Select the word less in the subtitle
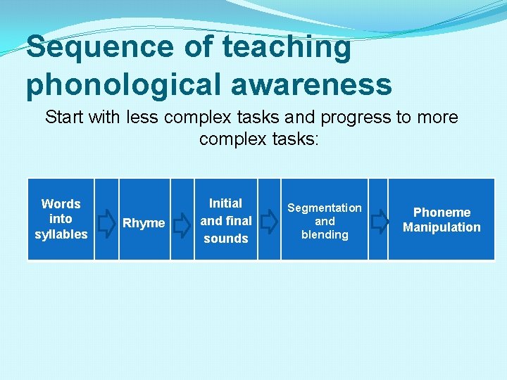point(144,117)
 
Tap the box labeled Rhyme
point(144,220)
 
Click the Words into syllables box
point(61,220)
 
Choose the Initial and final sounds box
point(225,220)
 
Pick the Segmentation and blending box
point(325,220)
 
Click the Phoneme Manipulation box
point(442,220)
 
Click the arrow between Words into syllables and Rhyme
point(106,223)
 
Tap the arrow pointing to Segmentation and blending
point(268,222)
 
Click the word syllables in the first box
point(61,234)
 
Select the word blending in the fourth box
point(325,234)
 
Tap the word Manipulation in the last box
point(442,227)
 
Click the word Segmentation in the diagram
point(325,208)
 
